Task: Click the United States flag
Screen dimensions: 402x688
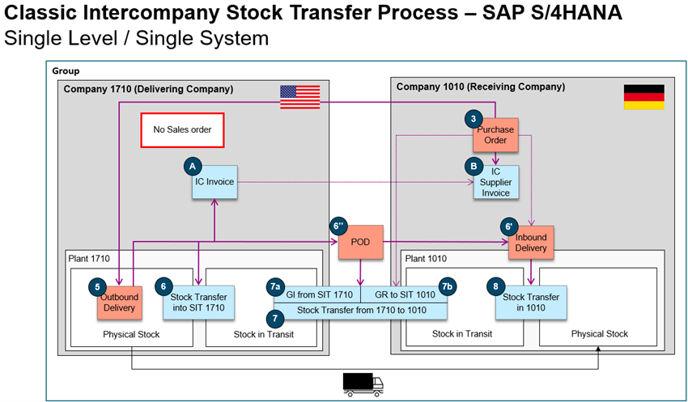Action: pyautogui.click(x=300, y=97)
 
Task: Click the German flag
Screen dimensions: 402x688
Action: pyautogui.click(x=643, y=97)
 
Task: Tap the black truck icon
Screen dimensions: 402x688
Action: pyautogui.click(x=362, y=384)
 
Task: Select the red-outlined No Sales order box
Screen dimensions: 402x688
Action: pyautogui.click(x=182, y=129)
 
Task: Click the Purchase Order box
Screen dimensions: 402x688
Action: pyautogui.click(x=495, y=135)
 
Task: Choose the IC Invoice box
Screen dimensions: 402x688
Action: pyautogui.click(x=214, y=182)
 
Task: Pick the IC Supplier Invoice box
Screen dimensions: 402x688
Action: pyautogui.click(x=496, y=182)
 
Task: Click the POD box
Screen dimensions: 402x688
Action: pyautogui.click(x=360, y=242)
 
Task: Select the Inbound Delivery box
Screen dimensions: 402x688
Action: pyautogui.click(x=530, y=243)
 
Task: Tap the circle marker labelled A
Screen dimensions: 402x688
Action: pyautogui.click(x=192, y=164)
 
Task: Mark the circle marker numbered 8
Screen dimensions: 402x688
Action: pyautogui.click(x=495, y=286)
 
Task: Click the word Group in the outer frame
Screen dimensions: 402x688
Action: pyautogui.click(x=66, y=71)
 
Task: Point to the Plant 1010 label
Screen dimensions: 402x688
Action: pyautogui.click(x=428, y=258)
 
